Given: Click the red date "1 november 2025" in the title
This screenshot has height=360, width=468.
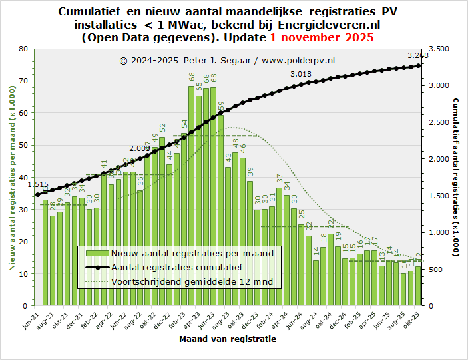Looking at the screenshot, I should [x=322, y=37].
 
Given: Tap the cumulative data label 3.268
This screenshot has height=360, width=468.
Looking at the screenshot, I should [x=417, y=55].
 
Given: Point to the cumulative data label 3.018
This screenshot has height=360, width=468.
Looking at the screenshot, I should [x=301, y=74].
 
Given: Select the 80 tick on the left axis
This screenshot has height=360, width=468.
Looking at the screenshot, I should [x=23, y=49].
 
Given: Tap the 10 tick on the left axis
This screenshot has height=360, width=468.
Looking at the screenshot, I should [x=23, y=274].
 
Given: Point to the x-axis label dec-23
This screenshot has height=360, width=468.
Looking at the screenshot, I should [x=255, y=320].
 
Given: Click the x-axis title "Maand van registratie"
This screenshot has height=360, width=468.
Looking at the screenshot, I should [x=228, y=339].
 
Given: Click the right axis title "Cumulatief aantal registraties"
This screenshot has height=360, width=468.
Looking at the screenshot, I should [x=455, y=177].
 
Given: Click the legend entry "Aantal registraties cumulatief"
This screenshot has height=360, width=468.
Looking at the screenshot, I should [x=176, y=267].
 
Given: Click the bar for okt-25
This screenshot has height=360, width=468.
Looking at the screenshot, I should [x=417, y=286].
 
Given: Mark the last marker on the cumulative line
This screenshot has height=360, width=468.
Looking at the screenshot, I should [x=418, y=65].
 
